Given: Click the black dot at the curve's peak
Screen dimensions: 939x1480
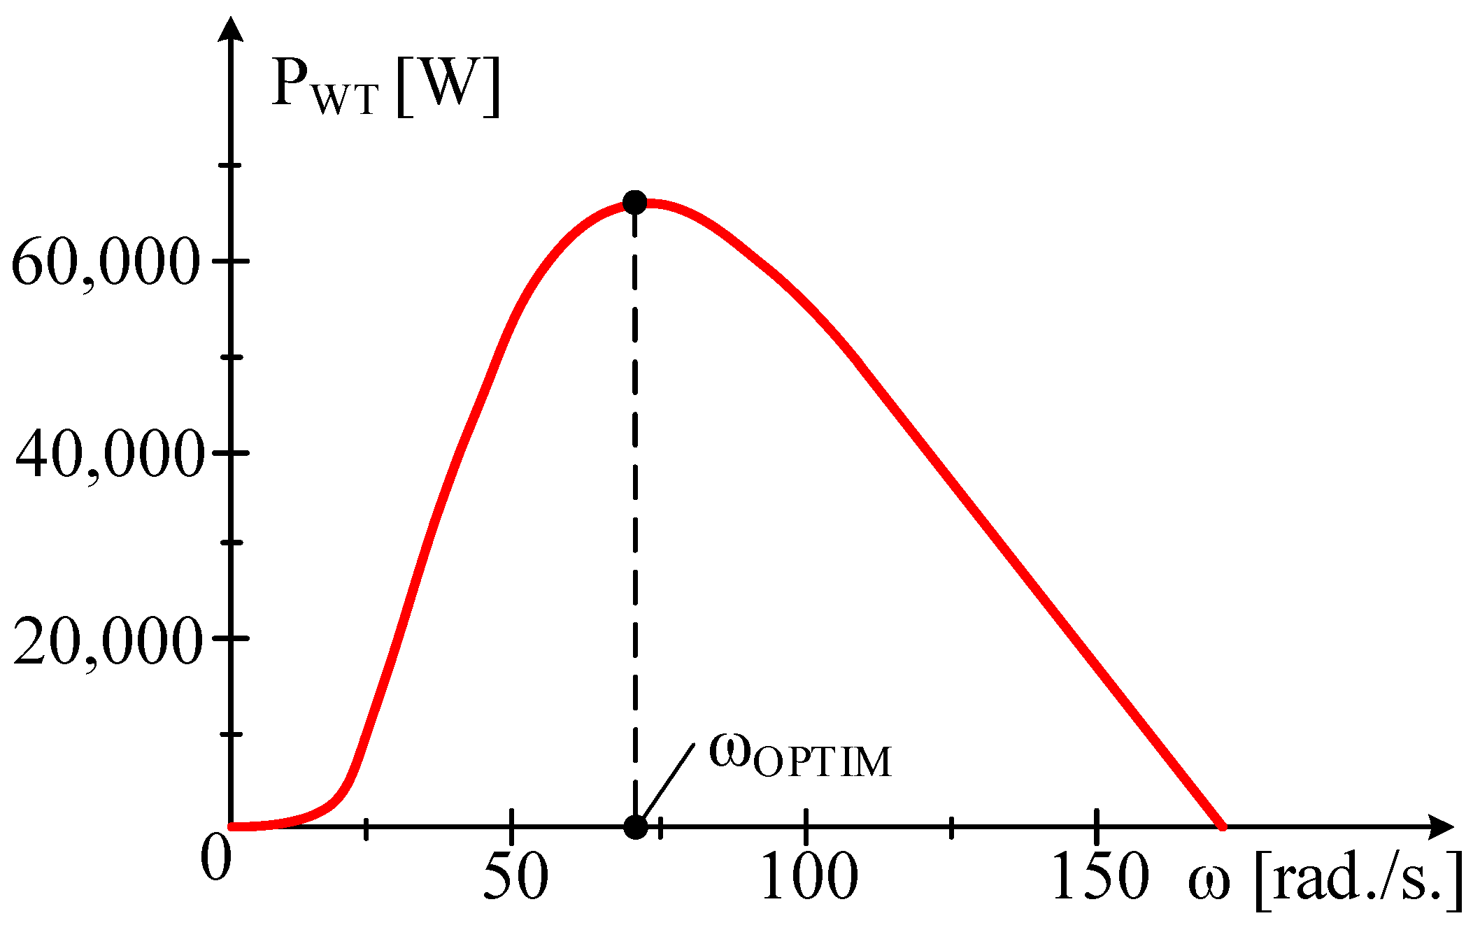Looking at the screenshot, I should pyautogui.click(x=634, y=203).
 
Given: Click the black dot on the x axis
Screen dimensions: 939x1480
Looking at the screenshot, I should pyautogui.click(x=635, y=826).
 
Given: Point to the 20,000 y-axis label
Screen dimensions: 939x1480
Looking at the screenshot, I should pyautogui.click(x=107, y=642).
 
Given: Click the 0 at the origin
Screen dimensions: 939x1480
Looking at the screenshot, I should pyautogui.click(x=215, y=858).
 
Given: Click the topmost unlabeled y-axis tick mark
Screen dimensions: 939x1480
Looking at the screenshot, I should pyautogui.click(x=230, y=165).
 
